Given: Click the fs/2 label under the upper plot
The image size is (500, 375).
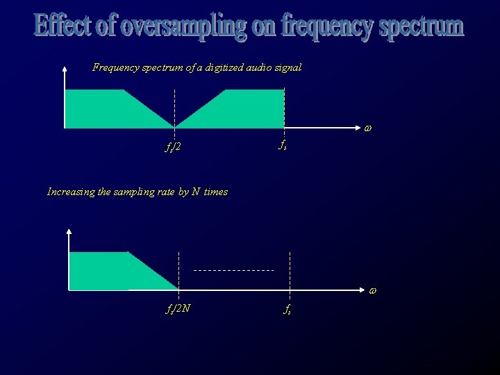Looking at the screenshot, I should [x=173, y=147].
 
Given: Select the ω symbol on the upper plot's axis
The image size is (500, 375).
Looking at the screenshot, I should [x=367, y=128].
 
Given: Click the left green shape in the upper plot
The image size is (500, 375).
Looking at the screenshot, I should [x=104, y=110].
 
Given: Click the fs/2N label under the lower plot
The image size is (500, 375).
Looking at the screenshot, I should [x=177, y=308].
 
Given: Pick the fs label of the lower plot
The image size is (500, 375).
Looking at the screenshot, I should [x=287, y=309].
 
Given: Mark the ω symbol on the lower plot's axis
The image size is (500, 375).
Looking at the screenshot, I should [x=372, y=290].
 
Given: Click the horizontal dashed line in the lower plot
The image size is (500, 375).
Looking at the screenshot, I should [x=233, y=269].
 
